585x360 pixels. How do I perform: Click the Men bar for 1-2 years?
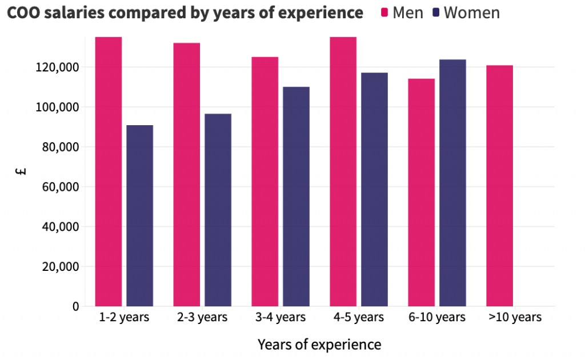109,171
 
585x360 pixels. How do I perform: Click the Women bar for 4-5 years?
374,189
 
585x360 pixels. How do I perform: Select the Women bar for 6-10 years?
452,183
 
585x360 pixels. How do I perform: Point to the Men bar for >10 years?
499,186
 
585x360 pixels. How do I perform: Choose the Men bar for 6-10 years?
422,192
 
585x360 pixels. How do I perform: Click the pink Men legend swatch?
384,13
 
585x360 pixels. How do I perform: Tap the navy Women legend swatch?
436,13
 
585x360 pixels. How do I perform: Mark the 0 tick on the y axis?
75,306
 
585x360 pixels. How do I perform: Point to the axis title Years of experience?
319,345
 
